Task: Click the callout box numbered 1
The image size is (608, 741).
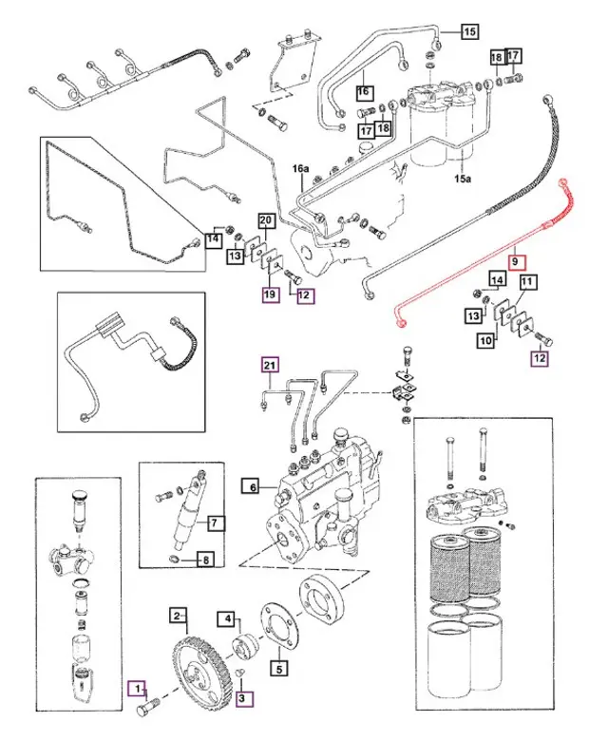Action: [x=139, y=686]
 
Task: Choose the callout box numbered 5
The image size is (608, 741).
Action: [x=278, y=667]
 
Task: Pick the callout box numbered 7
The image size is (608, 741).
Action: [x=216, y=522]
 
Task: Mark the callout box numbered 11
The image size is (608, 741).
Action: [x=527, y=282]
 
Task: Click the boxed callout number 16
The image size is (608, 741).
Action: [x=362, y=92]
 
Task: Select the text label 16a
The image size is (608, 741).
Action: [x=300, y=168]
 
